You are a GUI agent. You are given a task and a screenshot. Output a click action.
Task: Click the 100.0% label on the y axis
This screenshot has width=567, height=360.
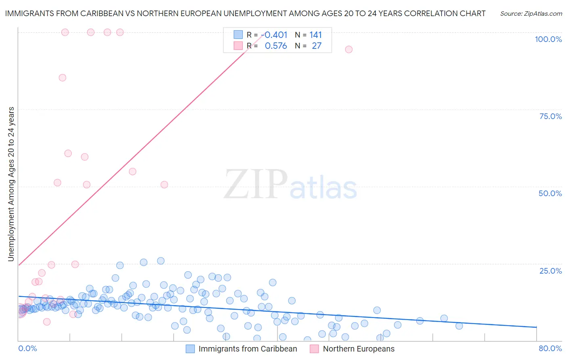[548, 39]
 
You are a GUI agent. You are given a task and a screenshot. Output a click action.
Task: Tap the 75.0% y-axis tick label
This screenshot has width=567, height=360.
[550, 116]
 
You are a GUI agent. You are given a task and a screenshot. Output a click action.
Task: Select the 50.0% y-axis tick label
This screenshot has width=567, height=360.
[550, 193]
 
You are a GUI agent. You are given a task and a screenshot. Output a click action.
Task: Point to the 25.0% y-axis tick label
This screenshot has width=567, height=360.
[550, 270]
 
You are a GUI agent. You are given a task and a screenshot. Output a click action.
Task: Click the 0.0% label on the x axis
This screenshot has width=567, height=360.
[27, 348]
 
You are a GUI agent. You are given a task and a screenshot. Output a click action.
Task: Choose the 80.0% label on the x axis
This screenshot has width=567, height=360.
[550, 348]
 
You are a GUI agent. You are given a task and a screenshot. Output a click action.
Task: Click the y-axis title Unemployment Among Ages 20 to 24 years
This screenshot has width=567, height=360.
[11, 184]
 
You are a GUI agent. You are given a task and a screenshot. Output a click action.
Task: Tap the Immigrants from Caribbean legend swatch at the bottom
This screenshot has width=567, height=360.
[190, 349]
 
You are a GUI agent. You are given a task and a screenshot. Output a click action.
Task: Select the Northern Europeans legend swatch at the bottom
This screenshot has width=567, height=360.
[315, 349]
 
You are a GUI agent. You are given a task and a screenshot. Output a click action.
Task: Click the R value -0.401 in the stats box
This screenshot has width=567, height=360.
[274, 35]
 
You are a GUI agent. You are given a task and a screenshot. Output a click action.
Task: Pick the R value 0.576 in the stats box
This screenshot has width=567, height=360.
[276, 46]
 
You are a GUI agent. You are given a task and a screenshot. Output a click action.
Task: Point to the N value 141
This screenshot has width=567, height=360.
[316, 35]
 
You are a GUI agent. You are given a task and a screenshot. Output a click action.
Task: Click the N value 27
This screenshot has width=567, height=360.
[317, 46]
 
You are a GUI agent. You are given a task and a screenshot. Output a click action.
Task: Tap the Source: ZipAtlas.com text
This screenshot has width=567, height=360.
[531, 14]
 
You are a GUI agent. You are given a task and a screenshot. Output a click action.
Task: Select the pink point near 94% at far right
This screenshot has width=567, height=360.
[349, 49]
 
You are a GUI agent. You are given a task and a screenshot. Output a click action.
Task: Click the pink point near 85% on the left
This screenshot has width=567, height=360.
[63, 78]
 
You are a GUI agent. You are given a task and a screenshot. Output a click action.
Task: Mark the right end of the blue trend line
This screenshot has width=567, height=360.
[537, 327]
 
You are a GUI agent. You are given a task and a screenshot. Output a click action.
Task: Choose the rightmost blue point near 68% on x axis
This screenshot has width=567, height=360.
[459, 326]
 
